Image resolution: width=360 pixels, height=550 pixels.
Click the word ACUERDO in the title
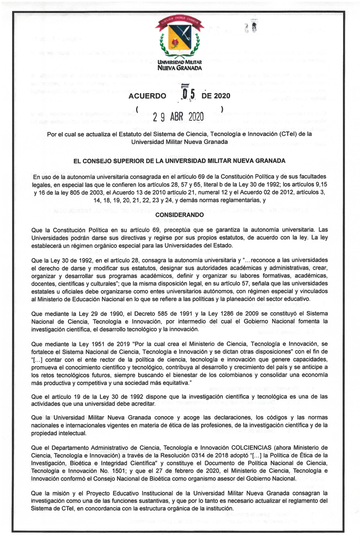147,96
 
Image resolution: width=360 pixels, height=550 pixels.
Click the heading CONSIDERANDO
180,215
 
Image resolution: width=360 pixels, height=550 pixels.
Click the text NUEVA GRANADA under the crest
180,68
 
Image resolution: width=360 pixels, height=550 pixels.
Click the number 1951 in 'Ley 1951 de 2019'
98,344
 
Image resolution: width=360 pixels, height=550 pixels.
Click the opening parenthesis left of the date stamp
138,109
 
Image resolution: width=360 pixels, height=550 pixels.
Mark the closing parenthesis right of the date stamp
222,109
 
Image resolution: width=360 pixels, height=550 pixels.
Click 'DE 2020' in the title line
216,96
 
